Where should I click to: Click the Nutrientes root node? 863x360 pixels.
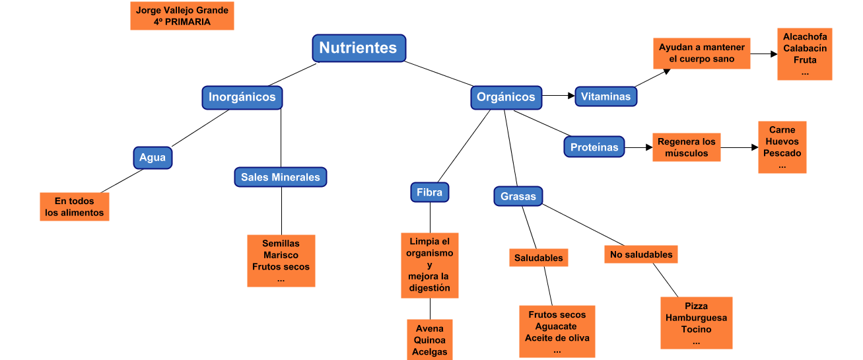pos(359,48)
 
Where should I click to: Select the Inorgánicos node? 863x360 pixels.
pos(242,97)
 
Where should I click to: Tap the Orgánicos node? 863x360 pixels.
pos(506,97)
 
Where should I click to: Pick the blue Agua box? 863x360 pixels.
pos(153,158)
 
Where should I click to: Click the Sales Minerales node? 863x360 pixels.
pos(280,177)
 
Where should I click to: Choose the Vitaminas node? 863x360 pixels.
pos(605,96)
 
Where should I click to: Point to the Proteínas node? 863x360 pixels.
pos(594,147)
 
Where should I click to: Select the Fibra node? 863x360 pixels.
pos(429,192)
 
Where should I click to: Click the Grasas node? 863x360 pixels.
pos(518,196)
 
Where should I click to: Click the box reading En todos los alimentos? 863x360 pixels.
pos(75,207)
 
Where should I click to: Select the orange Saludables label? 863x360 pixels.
pos(539,258)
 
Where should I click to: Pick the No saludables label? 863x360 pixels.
pos(641,254)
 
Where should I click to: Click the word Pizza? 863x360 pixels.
pos(696,306)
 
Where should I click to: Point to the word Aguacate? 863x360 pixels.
pos(556,326)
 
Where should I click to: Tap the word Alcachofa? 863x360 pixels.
pos(804,36)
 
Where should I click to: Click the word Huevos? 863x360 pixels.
pos(782,141)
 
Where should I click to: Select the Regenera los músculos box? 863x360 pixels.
pos(687,147)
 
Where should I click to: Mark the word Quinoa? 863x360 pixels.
pos(429,340)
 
